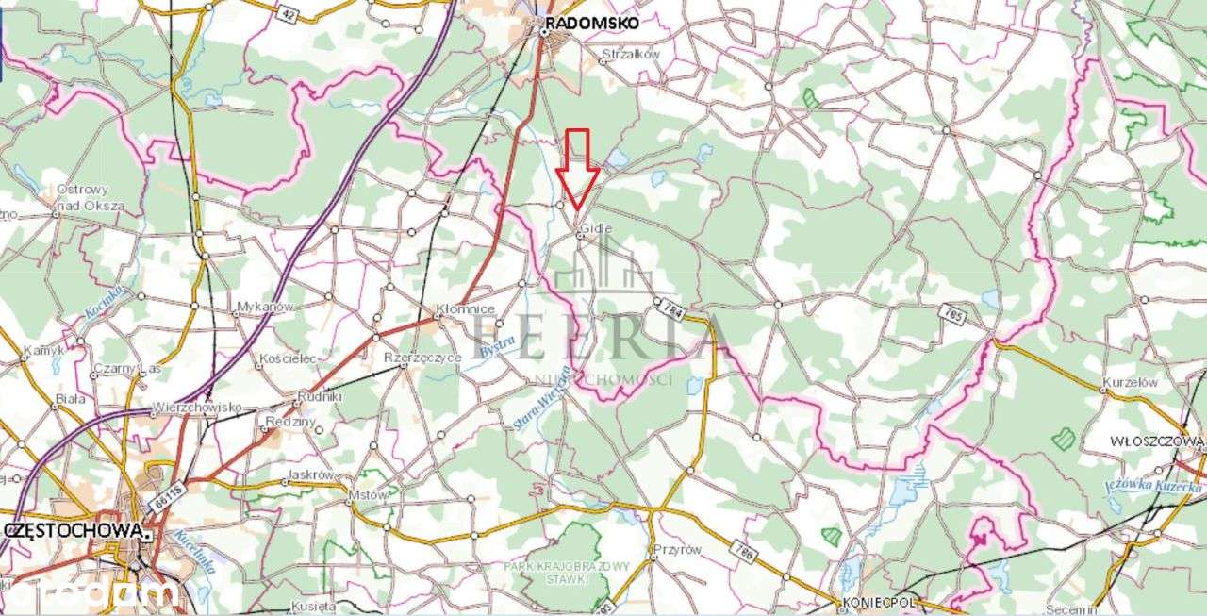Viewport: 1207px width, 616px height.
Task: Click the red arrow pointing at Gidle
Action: coord(577,170)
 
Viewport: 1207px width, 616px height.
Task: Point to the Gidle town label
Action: coord(596,228)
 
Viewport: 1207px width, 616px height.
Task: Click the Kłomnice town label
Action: coord(459,308)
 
